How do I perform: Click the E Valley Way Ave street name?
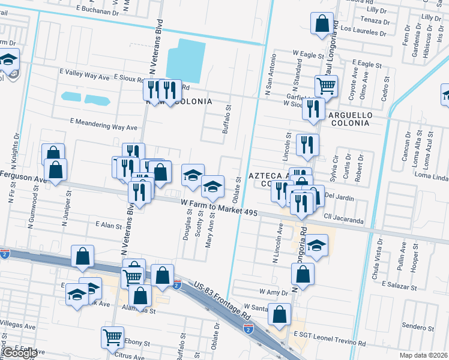click(x=85, y=77)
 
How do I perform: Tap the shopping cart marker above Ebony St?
click(x=113, y=338)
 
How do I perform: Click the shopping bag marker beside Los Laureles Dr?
click(x=322, y=23)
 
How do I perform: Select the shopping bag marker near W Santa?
click(x=280, y=314)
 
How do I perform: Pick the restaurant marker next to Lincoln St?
click(x=307, y=144)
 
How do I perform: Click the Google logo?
click(x=20, y=353)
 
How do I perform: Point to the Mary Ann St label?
click(x=209, y=236)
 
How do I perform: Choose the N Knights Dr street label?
click(x=14, y=150)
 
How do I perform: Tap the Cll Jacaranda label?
click(x=343, y=221)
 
